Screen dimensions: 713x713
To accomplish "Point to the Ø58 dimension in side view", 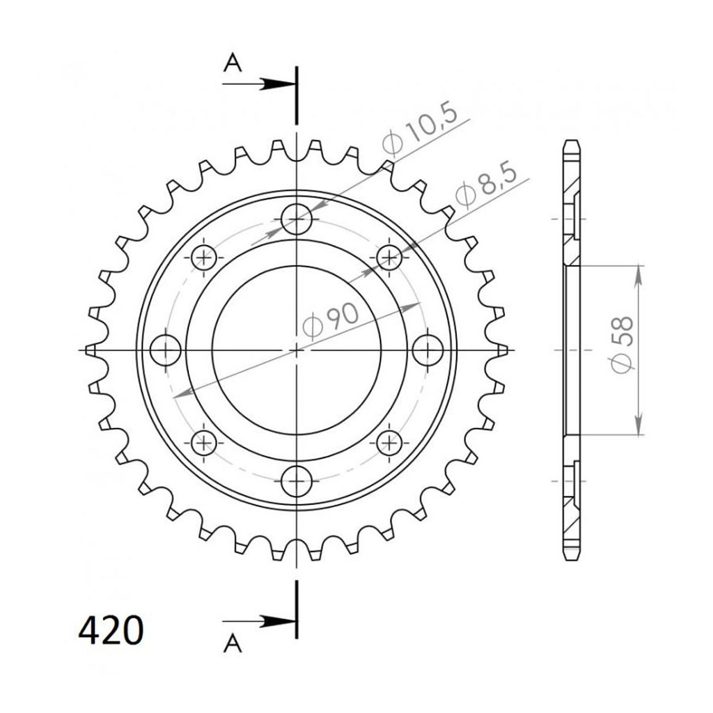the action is coord(622,345).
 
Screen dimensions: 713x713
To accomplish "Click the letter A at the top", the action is coord(233,62).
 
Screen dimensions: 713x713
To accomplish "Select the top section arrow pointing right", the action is coord(259,84).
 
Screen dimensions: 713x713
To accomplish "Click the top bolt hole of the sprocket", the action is coord(296,219).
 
